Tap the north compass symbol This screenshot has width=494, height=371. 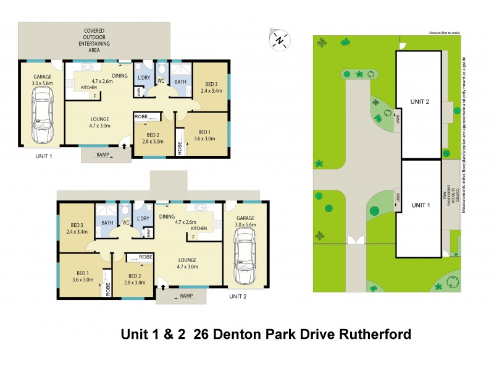[280, 40]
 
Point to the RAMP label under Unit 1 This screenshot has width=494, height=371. [103, 155]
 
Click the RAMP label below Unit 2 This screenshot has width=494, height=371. [186, 296]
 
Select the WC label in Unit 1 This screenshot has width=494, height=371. [161, 81]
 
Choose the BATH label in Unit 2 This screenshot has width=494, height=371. [107, 223]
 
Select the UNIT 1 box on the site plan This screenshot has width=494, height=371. [420, 205]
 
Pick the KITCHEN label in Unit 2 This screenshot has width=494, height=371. [198, 228]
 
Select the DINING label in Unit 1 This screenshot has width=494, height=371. [120, 75]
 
